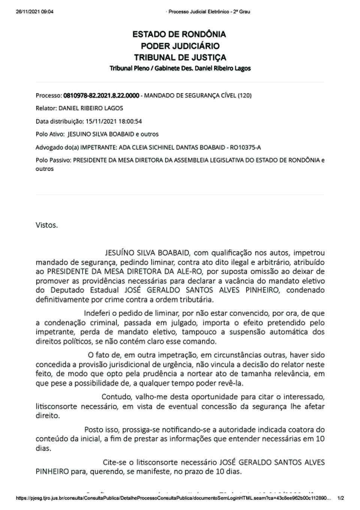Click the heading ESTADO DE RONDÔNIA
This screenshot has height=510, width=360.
pos(179,35)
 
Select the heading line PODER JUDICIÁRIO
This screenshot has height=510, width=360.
pos(180,46)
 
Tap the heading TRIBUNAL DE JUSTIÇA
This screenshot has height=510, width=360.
pos(180,58)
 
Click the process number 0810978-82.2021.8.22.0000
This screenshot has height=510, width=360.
pos(101,95)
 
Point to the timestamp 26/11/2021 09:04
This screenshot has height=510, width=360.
pos(34,12)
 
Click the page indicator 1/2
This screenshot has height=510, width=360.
pos(341,498)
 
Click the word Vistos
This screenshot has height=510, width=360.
pos(46,225)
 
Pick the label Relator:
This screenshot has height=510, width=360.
pos(46,108)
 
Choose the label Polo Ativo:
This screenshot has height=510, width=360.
pos(50,134)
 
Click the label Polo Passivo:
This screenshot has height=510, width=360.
pos(53,160)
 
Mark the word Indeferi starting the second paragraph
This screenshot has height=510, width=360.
pos(96,313)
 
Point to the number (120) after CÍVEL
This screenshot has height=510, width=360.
pos(244,95)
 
